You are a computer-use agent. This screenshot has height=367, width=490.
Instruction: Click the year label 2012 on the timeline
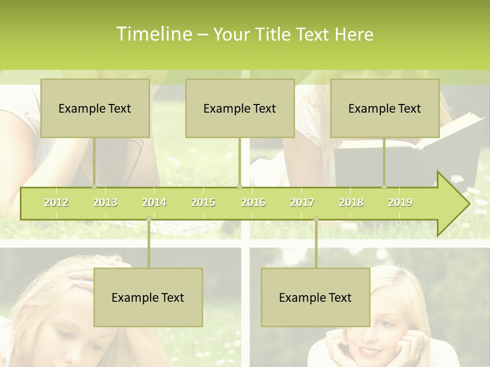click(56, 202)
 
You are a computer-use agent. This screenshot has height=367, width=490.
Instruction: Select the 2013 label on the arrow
click(105, 202)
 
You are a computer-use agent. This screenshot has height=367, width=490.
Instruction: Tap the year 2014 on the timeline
click(154, 202)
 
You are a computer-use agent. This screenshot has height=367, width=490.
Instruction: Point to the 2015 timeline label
click(203, 202)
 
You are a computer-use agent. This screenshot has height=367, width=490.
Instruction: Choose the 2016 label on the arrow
click(253, 202)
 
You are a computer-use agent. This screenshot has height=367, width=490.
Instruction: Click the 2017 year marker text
click(302, 202)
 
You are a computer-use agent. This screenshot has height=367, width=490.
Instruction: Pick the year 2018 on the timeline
click(351, 202)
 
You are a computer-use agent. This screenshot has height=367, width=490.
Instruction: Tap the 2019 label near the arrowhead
click(400, 202)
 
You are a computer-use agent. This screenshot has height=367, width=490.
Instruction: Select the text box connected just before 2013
click(95, 109)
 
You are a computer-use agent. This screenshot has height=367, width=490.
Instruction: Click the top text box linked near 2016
click(240, 109)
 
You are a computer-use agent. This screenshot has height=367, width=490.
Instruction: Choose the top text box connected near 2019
click(385, 109)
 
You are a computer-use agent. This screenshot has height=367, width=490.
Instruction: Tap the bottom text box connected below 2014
click(148, 298)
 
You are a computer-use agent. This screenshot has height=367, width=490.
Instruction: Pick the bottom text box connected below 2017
click(315, 298)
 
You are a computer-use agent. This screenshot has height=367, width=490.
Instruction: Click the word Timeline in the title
click(154, 34)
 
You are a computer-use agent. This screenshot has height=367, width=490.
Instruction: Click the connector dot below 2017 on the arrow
click(316, 219)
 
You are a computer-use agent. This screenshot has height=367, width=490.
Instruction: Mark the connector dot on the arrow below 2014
click(149, 219)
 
